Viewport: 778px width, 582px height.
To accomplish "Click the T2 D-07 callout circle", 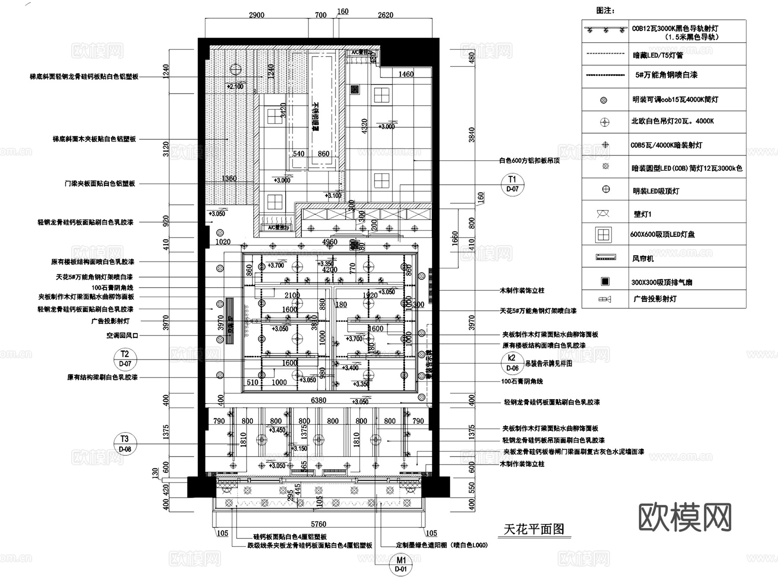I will tap(125, 359).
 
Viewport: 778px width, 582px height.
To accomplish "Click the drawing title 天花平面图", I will tap(534, 529).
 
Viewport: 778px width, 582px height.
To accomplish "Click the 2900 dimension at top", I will tap(256, 15).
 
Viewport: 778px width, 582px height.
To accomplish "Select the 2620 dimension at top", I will tap(385, 15).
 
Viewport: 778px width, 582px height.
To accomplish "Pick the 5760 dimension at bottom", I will tap(319, 524).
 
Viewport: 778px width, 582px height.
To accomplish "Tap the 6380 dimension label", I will tap(319, 401).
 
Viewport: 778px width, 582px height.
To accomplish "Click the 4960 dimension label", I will tap(330, 242).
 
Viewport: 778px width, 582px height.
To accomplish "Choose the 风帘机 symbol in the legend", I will tap(606, 258).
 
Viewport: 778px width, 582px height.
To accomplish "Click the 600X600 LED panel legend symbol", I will tap(603, 235).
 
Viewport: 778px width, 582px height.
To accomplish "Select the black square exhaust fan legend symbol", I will tap(605, 282).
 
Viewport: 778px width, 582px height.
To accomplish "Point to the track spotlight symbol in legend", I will tap(606, 30).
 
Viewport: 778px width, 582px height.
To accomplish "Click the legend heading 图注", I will tap(605, 11).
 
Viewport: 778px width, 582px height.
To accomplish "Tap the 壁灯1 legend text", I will tap(642, 214).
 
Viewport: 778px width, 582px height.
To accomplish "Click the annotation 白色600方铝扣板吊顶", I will tap(529, 161).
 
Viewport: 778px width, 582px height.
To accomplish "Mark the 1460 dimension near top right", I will tap(406, 74).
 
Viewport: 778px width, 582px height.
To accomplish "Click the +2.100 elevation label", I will tap(235, 86).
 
